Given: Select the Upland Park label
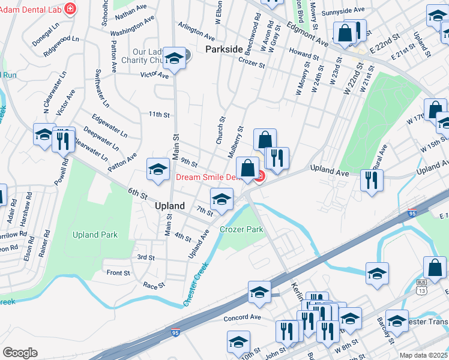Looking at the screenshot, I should (95, 235).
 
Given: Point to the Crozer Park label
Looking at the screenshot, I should (241, 229).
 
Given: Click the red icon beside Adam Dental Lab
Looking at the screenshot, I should (71, 8).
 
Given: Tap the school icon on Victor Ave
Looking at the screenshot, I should (174, 59).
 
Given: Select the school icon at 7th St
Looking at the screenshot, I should (221, 199).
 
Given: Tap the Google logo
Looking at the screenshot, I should (20, 352).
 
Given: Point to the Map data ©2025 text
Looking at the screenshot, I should (424, 355).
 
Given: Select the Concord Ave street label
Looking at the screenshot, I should (242, 317).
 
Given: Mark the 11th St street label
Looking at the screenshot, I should (160, 114).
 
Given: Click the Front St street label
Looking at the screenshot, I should (118, 273).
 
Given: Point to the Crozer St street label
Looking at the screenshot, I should (251, 61).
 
